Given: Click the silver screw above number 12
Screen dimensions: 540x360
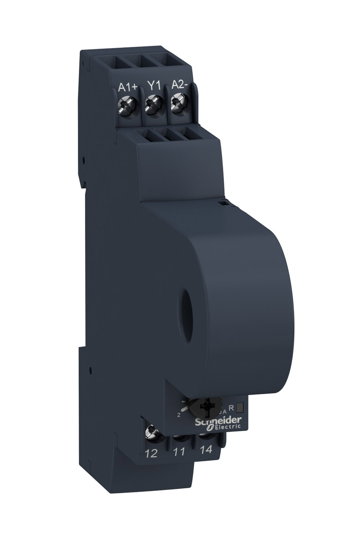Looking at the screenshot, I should point(149,434).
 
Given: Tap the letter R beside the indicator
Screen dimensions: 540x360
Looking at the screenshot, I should point(231,408).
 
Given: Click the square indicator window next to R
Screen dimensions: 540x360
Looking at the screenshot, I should point(240,408).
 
